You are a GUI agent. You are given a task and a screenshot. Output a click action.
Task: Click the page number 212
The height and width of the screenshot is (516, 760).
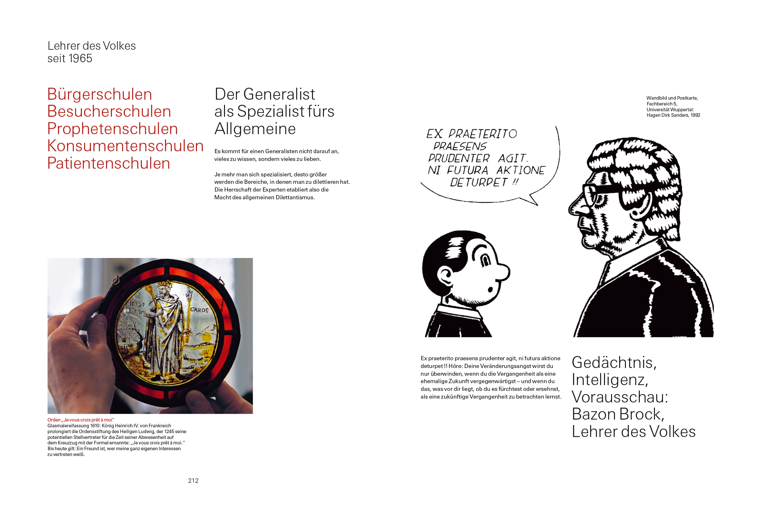tap(193, 480)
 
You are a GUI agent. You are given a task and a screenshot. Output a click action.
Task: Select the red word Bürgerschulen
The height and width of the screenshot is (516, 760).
tap(100, 94)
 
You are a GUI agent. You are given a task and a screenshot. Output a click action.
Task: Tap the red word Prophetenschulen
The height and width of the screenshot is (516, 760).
tap(112, 129)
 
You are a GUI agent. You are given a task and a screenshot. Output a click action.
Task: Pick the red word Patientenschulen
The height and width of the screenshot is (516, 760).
tap(109, 163)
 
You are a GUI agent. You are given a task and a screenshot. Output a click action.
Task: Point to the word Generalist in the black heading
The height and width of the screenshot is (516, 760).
tap(279, 94)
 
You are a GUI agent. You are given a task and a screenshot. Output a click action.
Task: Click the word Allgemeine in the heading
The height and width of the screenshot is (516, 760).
tap(255, 129)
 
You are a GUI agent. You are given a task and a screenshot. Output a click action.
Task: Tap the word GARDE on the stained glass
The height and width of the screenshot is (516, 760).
tap(199, 310)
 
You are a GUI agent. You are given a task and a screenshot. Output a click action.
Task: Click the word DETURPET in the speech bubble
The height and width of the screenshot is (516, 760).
tap(479, 182)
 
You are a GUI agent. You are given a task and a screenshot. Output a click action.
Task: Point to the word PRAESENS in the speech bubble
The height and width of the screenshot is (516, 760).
tap(460, 146)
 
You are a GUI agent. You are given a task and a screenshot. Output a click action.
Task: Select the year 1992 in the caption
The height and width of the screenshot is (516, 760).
tap(695, 115)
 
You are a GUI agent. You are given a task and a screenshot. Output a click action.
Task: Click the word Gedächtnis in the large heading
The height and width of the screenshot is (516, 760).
tap(613, 362)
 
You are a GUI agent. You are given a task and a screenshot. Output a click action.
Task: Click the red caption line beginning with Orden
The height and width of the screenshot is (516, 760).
tap(81, 420)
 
